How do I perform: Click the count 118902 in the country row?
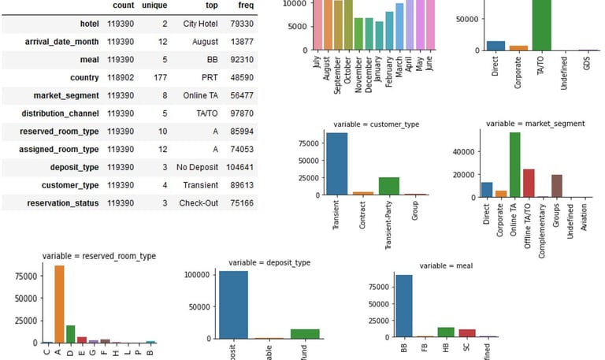(120, 77)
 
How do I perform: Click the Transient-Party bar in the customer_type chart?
(388, 186)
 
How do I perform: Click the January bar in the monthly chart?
(380, 35)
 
